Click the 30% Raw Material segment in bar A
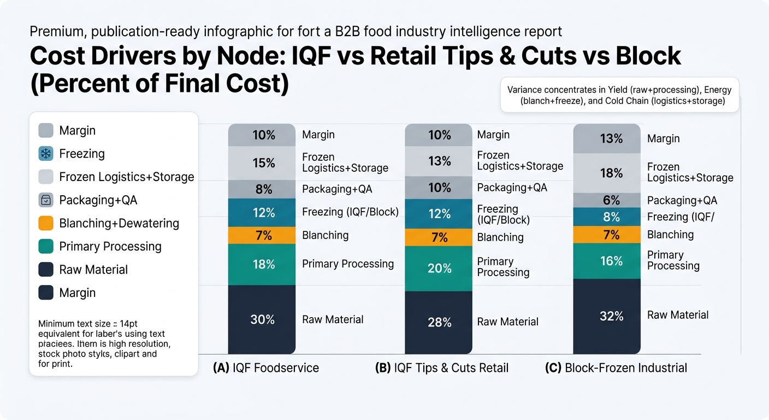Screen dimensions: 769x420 click(x=262, y=319)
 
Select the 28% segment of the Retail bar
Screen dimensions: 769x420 click(x=439, y=323)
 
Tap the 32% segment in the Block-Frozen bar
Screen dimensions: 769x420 click(x=607, y=316)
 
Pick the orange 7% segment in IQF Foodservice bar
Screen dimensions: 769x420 click(x=262, y=236)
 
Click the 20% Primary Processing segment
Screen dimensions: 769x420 click(x=439, y=269)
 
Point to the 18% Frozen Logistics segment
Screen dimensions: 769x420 click(x=607, y=173)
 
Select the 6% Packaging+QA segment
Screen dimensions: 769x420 click(x=607, y=200)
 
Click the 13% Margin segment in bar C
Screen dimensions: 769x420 click(x=607, y=138)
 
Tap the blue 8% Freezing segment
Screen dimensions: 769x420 click(x=607, y=217)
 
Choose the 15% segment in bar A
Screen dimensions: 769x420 click(x=262, y=163)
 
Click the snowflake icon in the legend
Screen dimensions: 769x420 click(x=46, y=154)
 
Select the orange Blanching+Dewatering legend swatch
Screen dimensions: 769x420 click(x=46, y=223)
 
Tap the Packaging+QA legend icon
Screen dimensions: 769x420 click(x=46, y=200)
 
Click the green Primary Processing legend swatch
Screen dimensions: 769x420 click(x=46, y=247)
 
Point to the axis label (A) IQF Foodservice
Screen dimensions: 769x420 click(x=266, y=367)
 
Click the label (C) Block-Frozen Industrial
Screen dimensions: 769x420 click(x=616, y=367)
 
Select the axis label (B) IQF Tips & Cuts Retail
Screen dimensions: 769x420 click(x=442, y=367)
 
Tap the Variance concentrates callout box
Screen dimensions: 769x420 click(x=620, y=95)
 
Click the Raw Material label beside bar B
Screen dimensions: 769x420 click(x=508, y=322)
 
